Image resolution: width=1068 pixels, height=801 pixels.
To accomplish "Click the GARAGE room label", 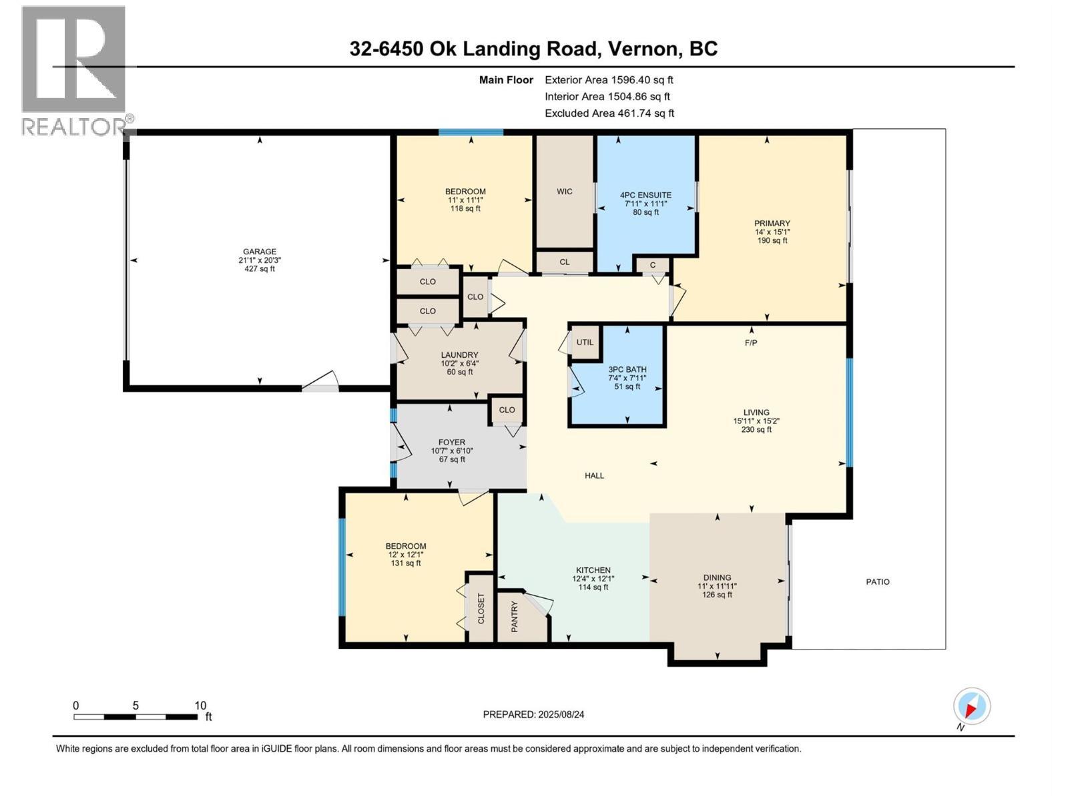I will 259,252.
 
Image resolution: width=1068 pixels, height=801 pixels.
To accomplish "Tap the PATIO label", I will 878,582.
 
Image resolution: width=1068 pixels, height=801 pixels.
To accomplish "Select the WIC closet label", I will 565,192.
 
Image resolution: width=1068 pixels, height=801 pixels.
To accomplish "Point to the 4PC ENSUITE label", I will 645,196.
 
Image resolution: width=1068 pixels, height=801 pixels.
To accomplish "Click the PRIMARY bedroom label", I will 772,224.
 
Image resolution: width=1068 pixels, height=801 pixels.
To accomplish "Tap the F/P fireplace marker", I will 751,342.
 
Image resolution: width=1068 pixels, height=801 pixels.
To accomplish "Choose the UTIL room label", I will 585,342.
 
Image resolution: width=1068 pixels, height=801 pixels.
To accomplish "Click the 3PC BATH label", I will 627,370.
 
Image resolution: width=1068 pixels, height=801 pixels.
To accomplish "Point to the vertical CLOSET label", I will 481,609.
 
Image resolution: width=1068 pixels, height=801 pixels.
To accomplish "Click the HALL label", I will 594,476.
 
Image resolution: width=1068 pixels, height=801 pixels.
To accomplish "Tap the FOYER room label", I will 452,443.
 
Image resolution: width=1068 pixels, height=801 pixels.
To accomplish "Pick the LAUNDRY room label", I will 459,355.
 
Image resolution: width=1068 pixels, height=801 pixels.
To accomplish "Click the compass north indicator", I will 971,706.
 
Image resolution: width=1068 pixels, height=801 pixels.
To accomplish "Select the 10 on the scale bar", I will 200,706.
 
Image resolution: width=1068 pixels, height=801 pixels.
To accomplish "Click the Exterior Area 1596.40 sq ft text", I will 609,80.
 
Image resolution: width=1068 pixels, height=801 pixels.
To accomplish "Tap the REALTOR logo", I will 75,70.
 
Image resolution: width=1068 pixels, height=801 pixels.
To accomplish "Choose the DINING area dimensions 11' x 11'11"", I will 717,586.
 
